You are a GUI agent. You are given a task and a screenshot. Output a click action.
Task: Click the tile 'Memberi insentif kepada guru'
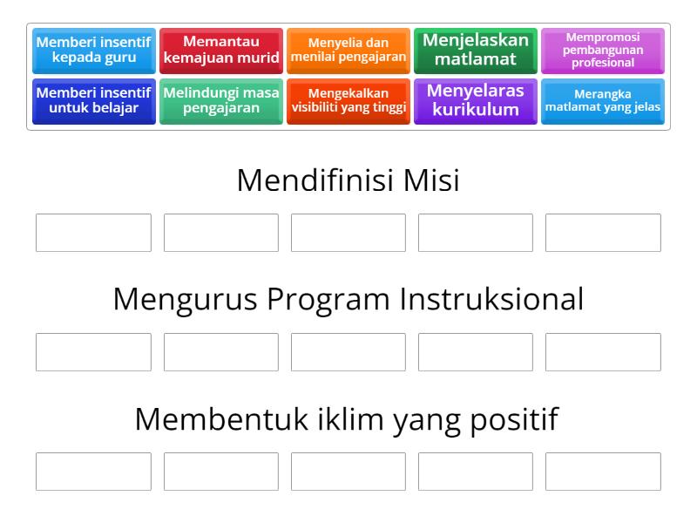coord(94,51)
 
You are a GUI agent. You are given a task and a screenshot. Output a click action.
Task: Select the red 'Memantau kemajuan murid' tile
coord(221,51)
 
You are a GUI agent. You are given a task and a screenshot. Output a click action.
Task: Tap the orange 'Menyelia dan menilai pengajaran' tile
coord(348,51)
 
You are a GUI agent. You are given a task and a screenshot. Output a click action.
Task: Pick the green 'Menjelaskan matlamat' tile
coord(476,51)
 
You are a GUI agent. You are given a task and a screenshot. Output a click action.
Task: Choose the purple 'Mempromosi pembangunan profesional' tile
coord(603,51)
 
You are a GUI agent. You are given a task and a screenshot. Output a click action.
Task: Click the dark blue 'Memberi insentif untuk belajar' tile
coord(94,101)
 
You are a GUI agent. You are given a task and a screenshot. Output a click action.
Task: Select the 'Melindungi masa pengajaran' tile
coord(221,101)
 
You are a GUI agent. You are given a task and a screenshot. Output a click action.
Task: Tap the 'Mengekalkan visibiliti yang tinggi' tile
coord(348,101)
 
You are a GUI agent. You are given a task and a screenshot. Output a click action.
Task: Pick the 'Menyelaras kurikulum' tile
coord(476,101)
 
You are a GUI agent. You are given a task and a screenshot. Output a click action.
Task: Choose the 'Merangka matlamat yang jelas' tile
coord(603,101)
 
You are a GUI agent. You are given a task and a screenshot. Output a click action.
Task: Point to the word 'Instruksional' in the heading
coord(491,300)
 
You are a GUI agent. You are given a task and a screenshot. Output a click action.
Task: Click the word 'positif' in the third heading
coord(515,419)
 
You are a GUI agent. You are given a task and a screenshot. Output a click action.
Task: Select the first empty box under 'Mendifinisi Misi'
coord(93,233)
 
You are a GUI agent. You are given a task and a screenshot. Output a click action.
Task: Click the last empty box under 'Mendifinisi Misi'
coord(603,233)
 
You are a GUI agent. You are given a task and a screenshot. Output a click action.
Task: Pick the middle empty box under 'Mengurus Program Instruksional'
coord(348,352)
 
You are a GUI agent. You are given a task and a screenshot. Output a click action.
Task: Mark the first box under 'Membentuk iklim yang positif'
coord(93,472)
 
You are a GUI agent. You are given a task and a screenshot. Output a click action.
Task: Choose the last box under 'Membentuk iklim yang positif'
coord(603,472)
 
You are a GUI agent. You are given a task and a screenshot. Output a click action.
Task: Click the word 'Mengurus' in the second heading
coord(185,300)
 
